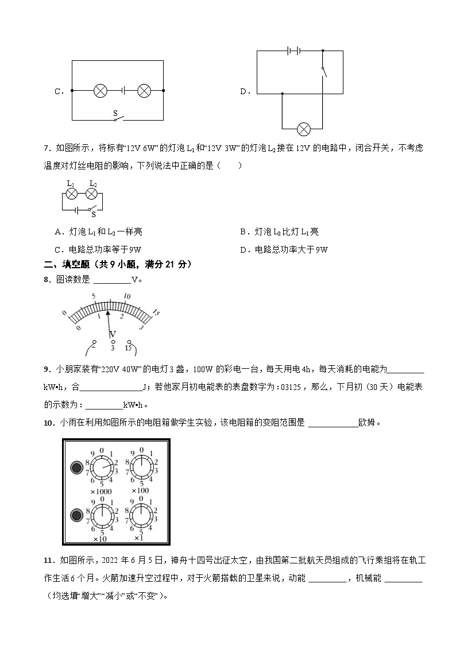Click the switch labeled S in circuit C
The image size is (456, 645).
pyautogui.click(x=118, y=118)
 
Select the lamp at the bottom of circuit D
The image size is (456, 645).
pyautogui.click(x=302, y=128)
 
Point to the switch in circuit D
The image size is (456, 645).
pyautogui.click(x=324, y=71)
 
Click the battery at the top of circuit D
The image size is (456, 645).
pyautogui.click(x=294, y=51)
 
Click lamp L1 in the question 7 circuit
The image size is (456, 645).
pyautogui.click(x=72, y=194)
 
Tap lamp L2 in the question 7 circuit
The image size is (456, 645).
pyautogui.click(x=92, y=194)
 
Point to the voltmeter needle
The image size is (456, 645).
pyautogui.click(x=109, y=322)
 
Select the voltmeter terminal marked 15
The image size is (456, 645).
pyautogui.click(x=129, y=342)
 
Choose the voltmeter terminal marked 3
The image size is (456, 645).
pyautogui.click(x=113, y=342)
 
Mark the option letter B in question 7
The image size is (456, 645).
pyautogui.click(x=243, y=232)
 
